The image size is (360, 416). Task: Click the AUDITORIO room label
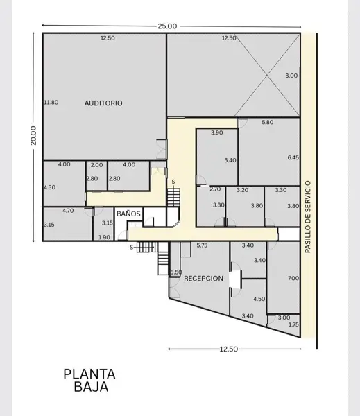[x=103, y=103]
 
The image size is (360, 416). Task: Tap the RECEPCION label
[x=204, y=278]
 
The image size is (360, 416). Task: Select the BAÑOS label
[x=128, y=214]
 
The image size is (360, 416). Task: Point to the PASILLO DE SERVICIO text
[x=308, y=217]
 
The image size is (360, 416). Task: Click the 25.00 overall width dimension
[x=167, y=26]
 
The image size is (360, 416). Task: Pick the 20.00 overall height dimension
[x=33, y=135]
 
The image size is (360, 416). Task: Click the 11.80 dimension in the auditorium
[x=51, y=102]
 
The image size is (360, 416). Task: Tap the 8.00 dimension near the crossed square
[x=291, y=76]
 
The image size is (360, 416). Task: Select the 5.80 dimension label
[x=268, y=122]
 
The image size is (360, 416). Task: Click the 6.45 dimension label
[x=293, y=157]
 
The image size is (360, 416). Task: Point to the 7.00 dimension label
[x=293, y=278]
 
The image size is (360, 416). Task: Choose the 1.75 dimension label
[x=293, y=324]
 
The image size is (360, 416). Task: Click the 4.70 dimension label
[x=68, y=211]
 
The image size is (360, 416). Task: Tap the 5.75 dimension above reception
[x=202, y=245]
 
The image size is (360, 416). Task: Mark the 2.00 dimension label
[x=96, y=165]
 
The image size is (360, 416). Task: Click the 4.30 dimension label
[x=50, y=187]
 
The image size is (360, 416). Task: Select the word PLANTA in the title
[x=89, y=374]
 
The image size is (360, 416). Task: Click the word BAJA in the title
[x=91, y=387]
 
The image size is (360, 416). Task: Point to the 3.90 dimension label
[x=217, y=132]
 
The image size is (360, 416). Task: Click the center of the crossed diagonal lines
[x=267, y=76]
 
